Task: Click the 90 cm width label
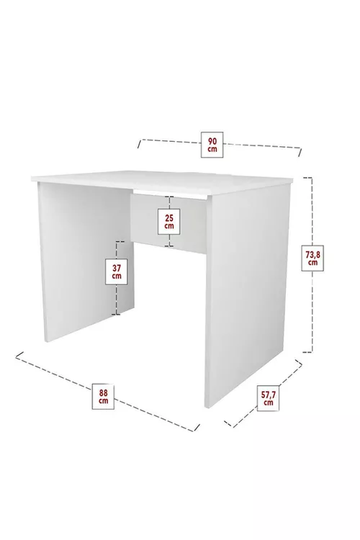[212, 144]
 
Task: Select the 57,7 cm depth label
[268, 397]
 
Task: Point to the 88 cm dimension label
[104, 396]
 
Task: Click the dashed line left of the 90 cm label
[169, 140]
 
